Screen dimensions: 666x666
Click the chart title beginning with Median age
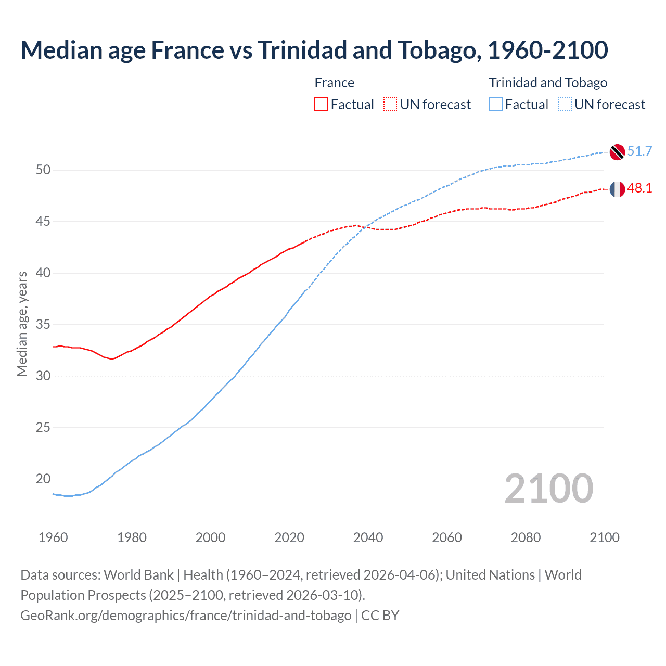coord(314,50)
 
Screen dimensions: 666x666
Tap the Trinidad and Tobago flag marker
coord(617,151)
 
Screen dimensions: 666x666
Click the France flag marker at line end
coord(617,189)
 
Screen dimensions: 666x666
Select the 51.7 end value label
coord(639,151)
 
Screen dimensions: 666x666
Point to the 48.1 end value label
coord(639,188)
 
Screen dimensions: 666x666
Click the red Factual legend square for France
coord(321,105)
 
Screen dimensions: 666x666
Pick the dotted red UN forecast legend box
coord(390,105)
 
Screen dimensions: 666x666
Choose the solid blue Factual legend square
coord(496,105)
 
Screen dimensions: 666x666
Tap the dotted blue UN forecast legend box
coord(565,105)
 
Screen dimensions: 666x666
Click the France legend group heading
coord(334,83)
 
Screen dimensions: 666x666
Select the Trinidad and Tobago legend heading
coord(548,83)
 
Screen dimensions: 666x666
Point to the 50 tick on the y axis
coord(43,170)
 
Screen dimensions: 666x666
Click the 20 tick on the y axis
coord(43,479)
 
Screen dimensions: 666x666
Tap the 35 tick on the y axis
coord(43,325)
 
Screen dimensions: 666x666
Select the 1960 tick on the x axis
coord(53,537)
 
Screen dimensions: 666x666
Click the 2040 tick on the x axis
coord(368,537)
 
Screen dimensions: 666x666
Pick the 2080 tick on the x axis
coord(526,537)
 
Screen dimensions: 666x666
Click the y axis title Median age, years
coord(22,324)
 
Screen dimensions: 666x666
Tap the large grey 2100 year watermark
coord(548,489)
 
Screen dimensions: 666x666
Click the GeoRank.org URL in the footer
coord(186,616)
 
